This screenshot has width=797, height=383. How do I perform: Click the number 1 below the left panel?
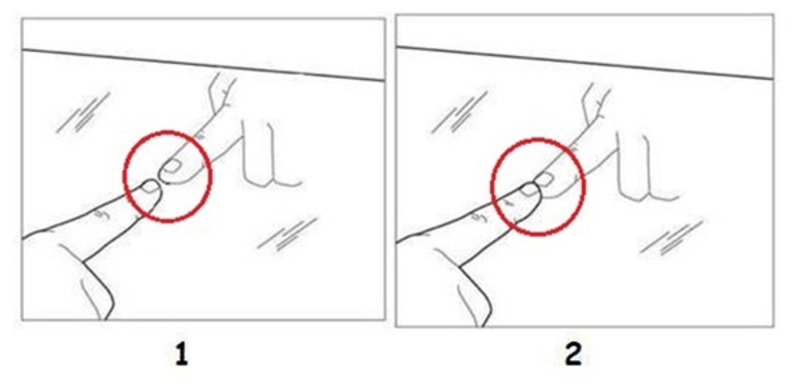click(181, 355)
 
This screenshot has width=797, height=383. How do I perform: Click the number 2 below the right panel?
click(574, 355)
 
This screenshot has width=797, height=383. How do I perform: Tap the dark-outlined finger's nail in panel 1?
click(150, 188)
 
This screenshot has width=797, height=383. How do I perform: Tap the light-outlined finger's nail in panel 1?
click(172, 165)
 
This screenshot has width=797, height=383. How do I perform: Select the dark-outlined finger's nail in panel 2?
click(529, 190)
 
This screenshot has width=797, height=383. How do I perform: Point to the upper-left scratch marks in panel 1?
click(83, 113)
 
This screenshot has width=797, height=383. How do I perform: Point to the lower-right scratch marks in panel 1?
click(288, 235)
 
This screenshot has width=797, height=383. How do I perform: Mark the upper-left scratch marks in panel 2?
click(459, 113)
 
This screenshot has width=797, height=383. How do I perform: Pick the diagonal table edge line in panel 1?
click(203, 65)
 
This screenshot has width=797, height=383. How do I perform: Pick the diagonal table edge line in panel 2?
click(585, 63)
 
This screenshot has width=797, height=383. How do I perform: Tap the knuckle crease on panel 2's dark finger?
click(479, 218)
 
